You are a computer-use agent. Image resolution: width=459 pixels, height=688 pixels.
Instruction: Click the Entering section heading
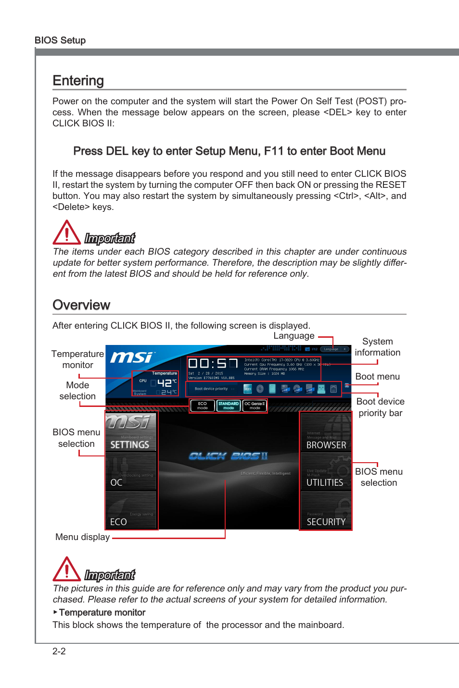[x=78, y=80]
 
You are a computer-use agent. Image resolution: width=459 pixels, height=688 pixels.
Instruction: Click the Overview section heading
[x=81, y=305]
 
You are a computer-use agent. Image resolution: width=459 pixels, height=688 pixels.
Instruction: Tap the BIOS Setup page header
[x=60, y=40]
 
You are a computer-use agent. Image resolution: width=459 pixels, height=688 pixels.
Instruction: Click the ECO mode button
[x=203, y=405]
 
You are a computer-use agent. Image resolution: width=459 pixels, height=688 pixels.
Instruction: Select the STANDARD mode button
[x=229, y=405]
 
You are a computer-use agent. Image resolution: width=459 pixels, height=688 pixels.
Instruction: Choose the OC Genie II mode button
[x=255, y=405]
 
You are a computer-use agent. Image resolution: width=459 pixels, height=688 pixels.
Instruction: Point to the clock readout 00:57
[x=213, y=364]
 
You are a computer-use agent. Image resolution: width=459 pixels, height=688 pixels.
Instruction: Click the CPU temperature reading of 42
[x=165, y=383]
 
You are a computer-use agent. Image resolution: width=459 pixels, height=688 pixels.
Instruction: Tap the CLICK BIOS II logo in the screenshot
[x=228, y=456]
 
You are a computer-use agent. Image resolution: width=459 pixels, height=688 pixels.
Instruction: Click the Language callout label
[x=293, y=336]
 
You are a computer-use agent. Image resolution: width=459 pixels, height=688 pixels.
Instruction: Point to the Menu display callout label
[x=82, y=537]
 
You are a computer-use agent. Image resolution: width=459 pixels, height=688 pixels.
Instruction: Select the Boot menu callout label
[x=377, y=377]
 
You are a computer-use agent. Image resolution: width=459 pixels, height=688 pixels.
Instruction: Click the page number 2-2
[x=59, y=651]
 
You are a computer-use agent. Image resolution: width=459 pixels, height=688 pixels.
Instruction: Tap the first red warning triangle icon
[x=66, y=233]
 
